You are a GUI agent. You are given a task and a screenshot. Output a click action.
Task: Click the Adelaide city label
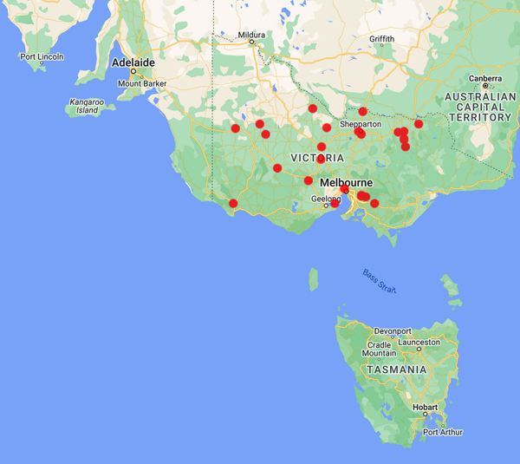pos(133,62)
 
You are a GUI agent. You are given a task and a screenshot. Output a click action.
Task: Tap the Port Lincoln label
pos(41,57)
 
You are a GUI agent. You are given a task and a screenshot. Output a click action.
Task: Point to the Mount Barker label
pos(141,83)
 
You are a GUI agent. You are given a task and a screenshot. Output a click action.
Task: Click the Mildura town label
pos(252,36)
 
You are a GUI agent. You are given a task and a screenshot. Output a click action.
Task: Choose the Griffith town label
pos(381,39)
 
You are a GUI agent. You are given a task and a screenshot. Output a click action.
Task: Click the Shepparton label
pos(361,124)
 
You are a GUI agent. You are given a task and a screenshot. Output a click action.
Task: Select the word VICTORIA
pos(317,158)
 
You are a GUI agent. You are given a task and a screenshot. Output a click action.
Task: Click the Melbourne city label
pos(346,183)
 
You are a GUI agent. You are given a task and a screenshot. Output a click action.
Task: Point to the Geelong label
pos(326,199)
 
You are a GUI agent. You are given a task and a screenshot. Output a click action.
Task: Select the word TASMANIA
pos(398,369)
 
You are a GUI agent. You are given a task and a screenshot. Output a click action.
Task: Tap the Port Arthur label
pos(444,432)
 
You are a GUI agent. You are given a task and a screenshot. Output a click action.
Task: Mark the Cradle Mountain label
pos(380,349)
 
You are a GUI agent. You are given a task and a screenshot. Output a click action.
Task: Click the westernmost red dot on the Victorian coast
pos(232,204)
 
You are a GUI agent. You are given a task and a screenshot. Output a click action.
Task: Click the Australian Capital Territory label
pos(476,106)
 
